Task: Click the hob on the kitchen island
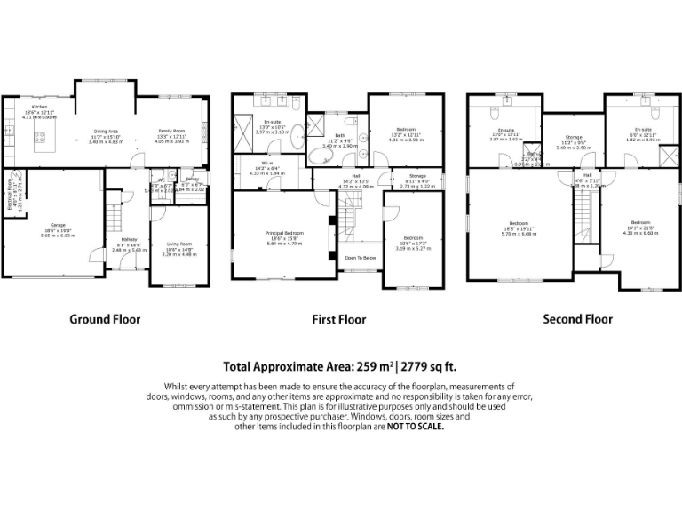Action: [x=39, y=137]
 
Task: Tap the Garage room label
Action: [x=59, y=224]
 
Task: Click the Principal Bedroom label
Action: [x=284, y=233]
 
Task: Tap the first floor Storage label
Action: [x=417, y=177]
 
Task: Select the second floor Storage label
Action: [x=572, y=138]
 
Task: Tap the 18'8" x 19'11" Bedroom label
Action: [x=519, y=222]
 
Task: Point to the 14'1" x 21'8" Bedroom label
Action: [x=640, y=222]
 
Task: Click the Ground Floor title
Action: [x=104, y=319]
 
